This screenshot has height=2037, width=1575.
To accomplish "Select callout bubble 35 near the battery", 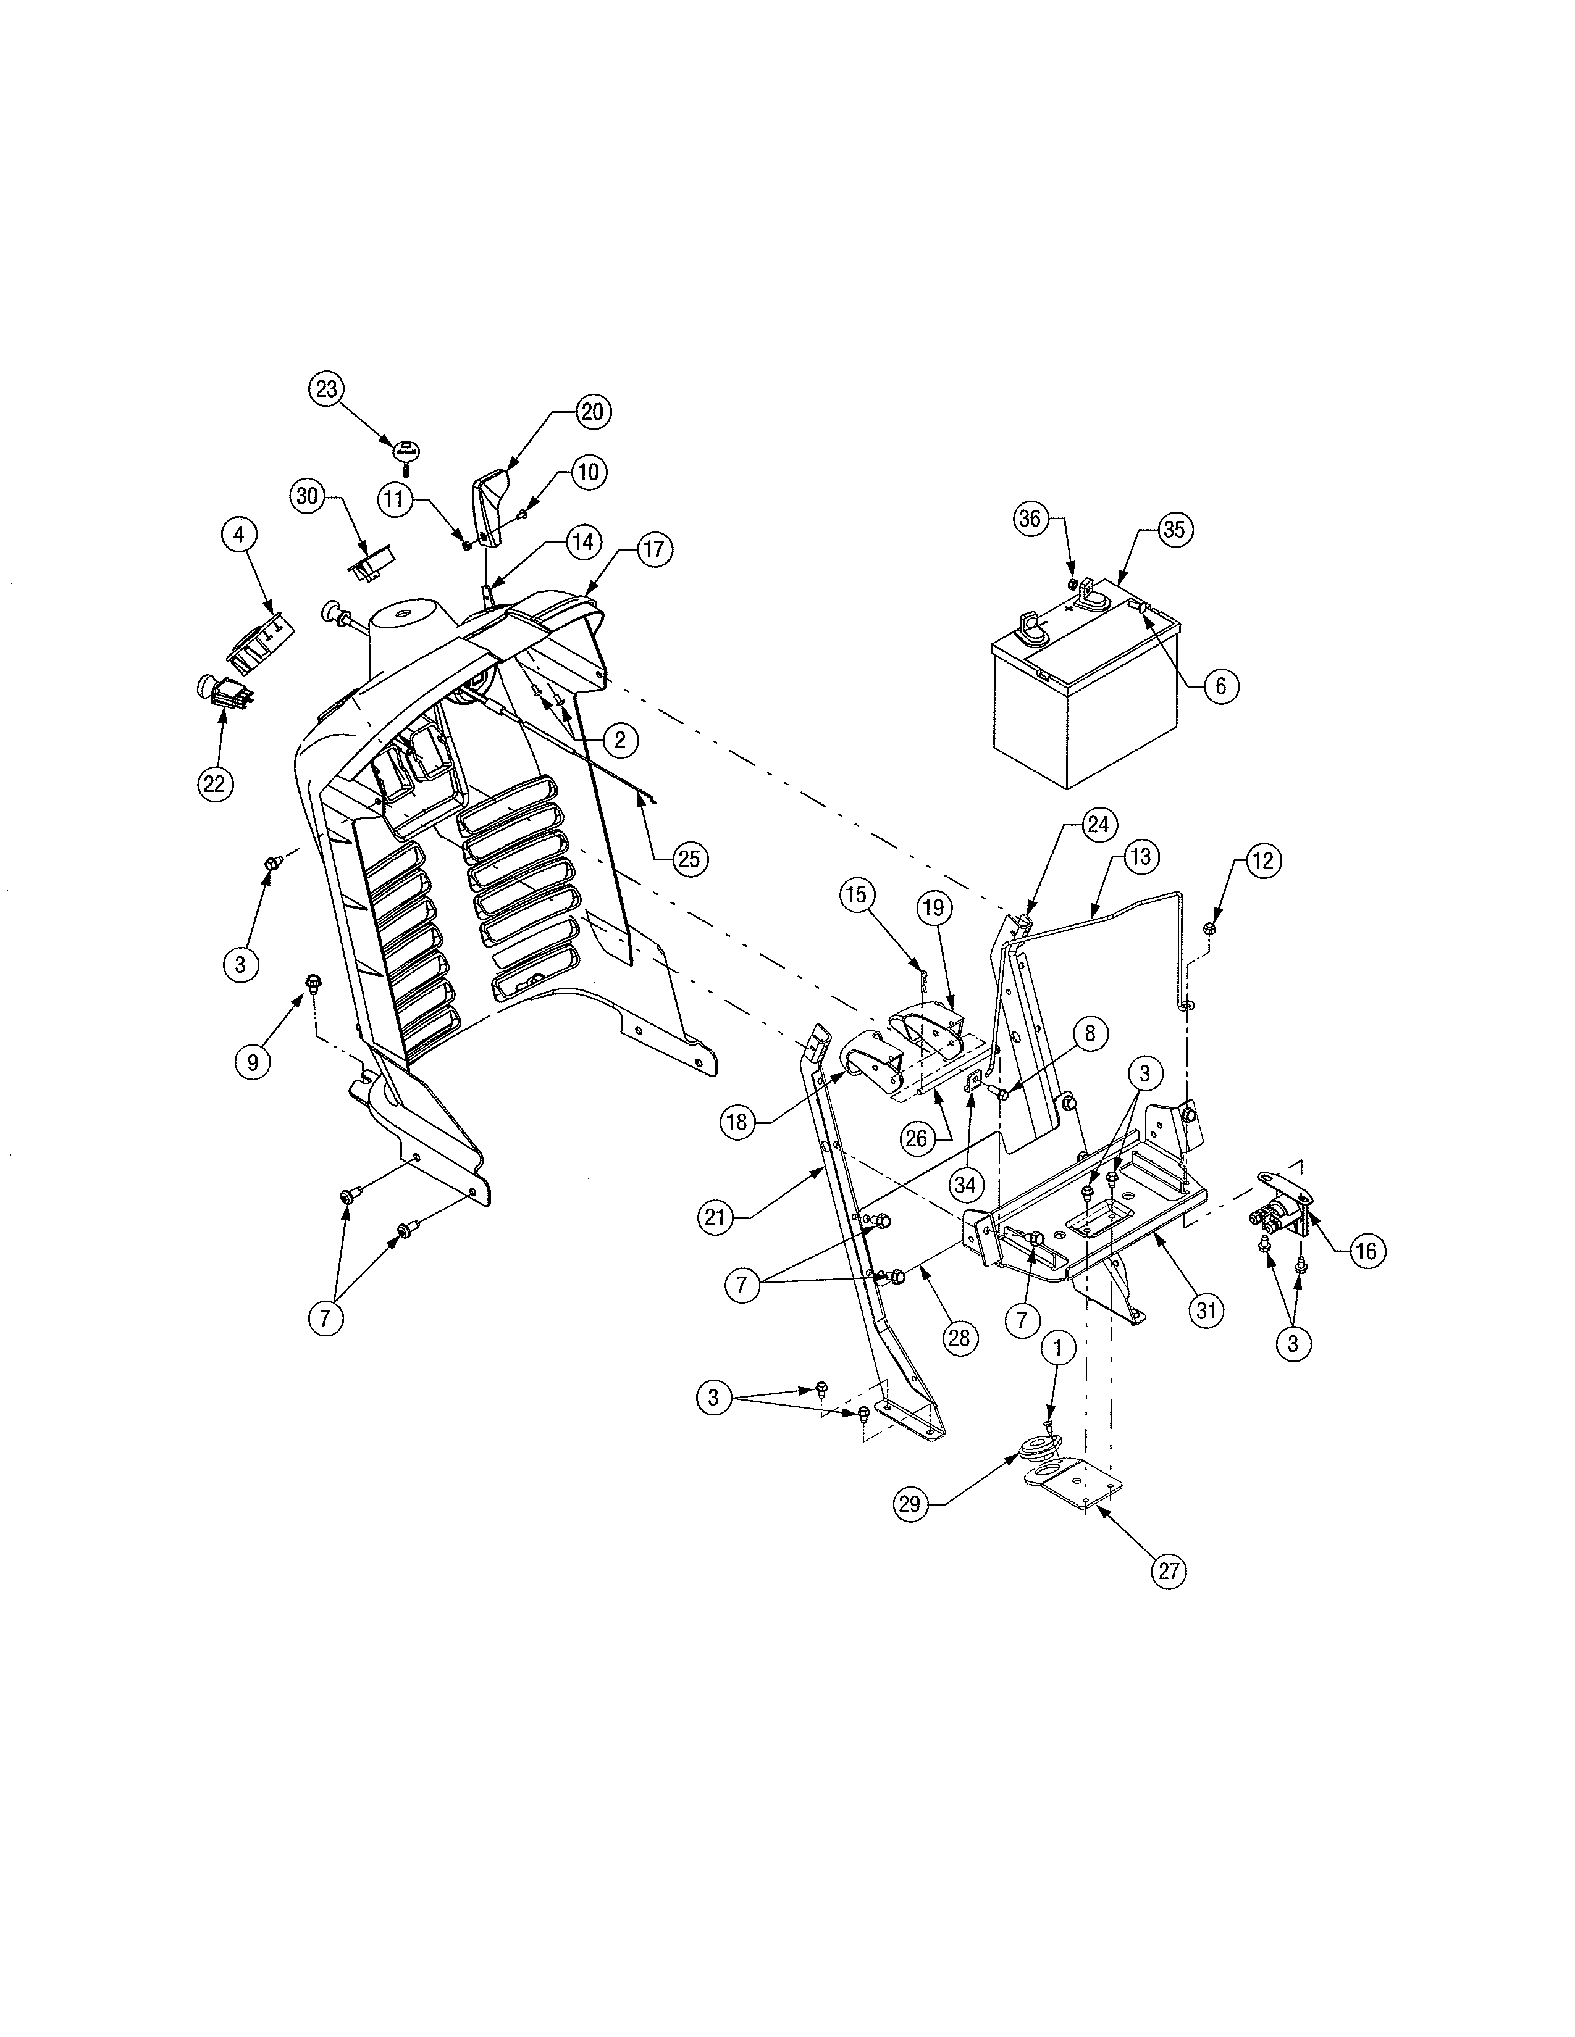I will [1173, 530].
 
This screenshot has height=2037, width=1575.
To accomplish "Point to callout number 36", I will [1029, 519].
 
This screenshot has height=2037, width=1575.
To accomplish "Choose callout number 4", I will [239, 535].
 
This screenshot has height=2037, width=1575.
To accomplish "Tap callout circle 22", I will [214, 783].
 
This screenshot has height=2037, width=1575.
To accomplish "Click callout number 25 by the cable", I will [689, 858].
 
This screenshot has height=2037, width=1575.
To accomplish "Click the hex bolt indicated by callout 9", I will [313, 981].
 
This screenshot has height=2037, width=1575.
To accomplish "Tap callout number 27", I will [1169, 1571].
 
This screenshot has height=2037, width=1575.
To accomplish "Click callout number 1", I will [1058, 1348].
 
